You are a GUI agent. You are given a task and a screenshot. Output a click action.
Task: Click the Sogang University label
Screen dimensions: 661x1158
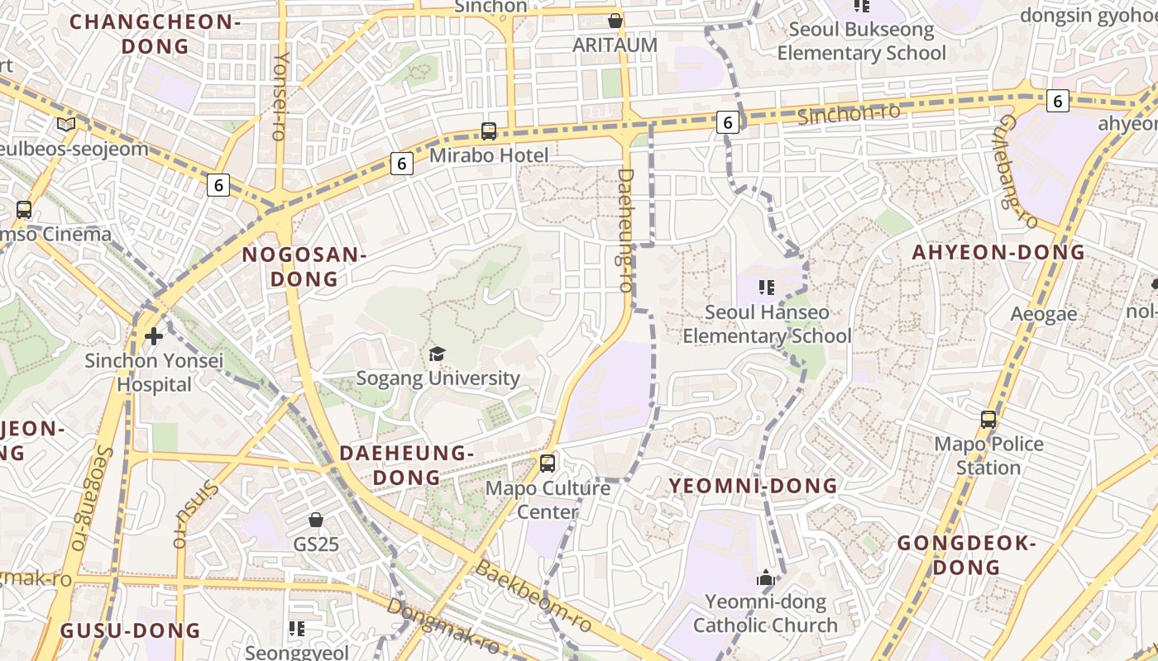(x=438, y=378)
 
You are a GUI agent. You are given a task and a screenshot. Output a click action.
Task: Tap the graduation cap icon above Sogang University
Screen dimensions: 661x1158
(x=437, y=354)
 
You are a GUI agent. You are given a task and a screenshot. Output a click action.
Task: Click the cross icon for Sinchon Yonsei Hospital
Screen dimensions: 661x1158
(x=153, y=336)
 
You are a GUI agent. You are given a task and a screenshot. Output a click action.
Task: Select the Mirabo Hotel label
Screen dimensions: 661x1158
(x=489, y=155)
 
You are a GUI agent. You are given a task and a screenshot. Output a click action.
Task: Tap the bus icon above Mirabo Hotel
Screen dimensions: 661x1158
(x=489, y=131)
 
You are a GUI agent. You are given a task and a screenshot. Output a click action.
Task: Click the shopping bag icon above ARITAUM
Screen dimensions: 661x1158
(x=615, y=21)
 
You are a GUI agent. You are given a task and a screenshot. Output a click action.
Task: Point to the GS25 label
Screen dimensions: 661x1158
(x=316, y=544)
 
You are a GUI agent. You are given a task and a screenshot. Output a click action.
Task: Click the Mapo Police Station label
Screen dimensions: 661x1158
(x=988, y=455)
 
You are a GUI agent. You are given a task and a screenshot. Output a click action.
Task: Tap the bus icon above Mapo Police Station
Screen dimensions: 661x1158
(x=988, y=420)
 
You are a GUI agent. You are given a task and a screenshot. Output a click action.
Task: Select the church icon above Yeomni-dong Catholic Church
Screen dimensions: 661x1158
(x=766, y=578)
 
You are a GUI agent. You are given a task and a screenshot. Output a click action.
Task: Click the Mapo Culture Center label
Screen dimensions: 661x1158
(x=548, y=499)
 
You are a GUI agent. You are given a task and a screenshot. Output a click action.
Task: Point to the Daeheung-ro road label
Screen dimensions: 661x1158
(x=625, y=230)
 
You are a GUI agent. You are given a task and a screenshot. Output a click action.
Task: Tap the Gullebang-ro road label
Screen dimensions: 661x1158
(x=1017, y=171)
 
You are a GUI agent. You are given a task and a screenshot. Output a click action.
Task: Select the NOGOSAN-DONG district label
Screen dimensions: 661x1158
(x=304, y=266)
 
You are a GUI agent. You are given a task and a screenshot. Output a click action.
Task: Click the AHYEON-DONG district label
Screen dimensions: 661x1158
(x=998, y=253)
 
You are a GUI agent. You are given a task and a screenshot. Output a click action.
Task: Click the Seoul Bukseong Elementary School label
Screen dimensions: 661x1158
(x=861, y=41)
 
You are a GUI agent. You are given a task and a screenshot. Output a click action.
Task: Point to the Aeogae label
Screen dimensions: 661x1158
(x=1044, y=314)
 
